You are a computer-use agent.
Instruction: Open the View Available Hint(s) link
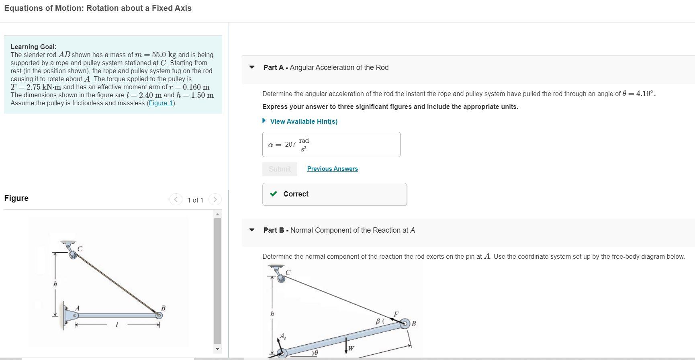pyautogui.click(x=303, y=121)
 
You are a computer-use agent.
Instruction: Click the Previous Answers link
pyautogui.click(x=332, y=169)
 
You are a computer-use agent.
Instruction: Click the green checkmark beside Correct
pyautogui.click(x=274, y=194)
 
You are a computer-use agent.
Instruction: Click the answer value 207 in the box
pyautogui.click(x=290, y=145)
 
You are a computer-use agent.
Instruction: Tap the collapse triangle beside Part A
pyautogui.click(x=252, y=67)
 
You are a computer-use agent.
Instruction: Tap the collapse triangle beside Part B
pyautogui.click(x=252, y=230)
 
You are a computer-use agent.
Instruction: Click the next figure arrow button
pyautogui.click(x=215, y=199)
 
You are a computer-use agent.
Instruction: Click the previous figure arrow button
pyautogui.click(x=176, y=199)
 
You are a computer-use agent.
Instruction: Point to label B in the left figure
pyautogui.click(x=163, y=308)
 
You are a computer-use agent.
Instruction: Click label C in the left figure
pyautogui.click(x=80, y=249)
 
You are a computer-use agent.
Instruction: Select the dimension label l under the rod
pyautogui.click(x=117, y=325)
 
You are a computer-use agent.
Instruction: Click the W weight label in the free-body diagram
pyautogui.click(x=351, y=348)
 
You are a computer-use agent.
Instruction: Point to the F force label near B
pyautogui.click(x=396, y=314)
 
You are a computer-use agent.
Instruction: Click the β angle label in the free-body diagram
pyautogui.click(x=378, y=321)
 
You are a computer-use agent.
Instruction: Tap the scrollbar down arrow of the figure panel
pyautogui.click(x=217, y=349)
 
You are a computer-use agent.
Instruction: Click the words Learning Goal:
pyautogui.click(x=33, y=47)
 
